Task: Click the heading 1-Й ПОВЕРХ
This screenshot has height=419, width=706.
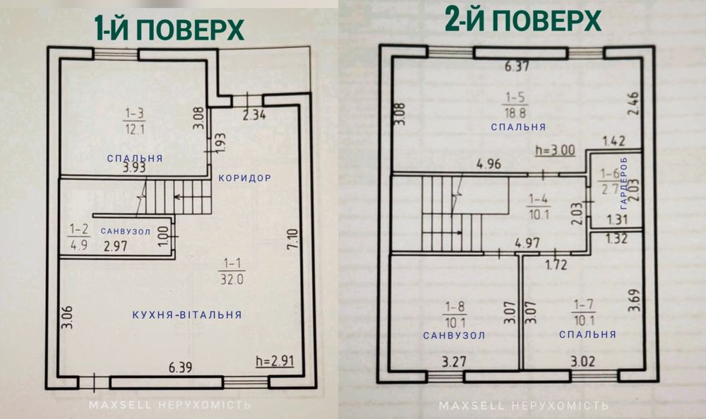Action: coord(169,30)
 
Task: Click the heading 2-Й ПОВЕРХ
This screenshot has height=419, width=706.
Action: coord(523,21)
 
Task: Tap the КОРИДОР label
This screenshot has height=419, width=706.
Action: coord(245,178)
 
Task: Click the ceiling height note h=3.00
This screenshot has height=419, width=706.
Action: coord(556,151)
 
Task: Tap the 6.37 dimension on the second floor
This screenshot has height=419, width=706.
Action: coord(517,68)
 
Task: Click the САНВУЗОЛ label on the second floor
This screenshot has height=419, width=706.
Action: coord(454,335)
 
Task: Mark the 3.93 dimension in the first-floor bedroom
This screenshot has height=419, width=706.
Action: coord(135,168)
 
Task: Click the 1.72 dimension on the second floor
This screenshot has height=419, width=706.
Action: coord(557,266)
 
